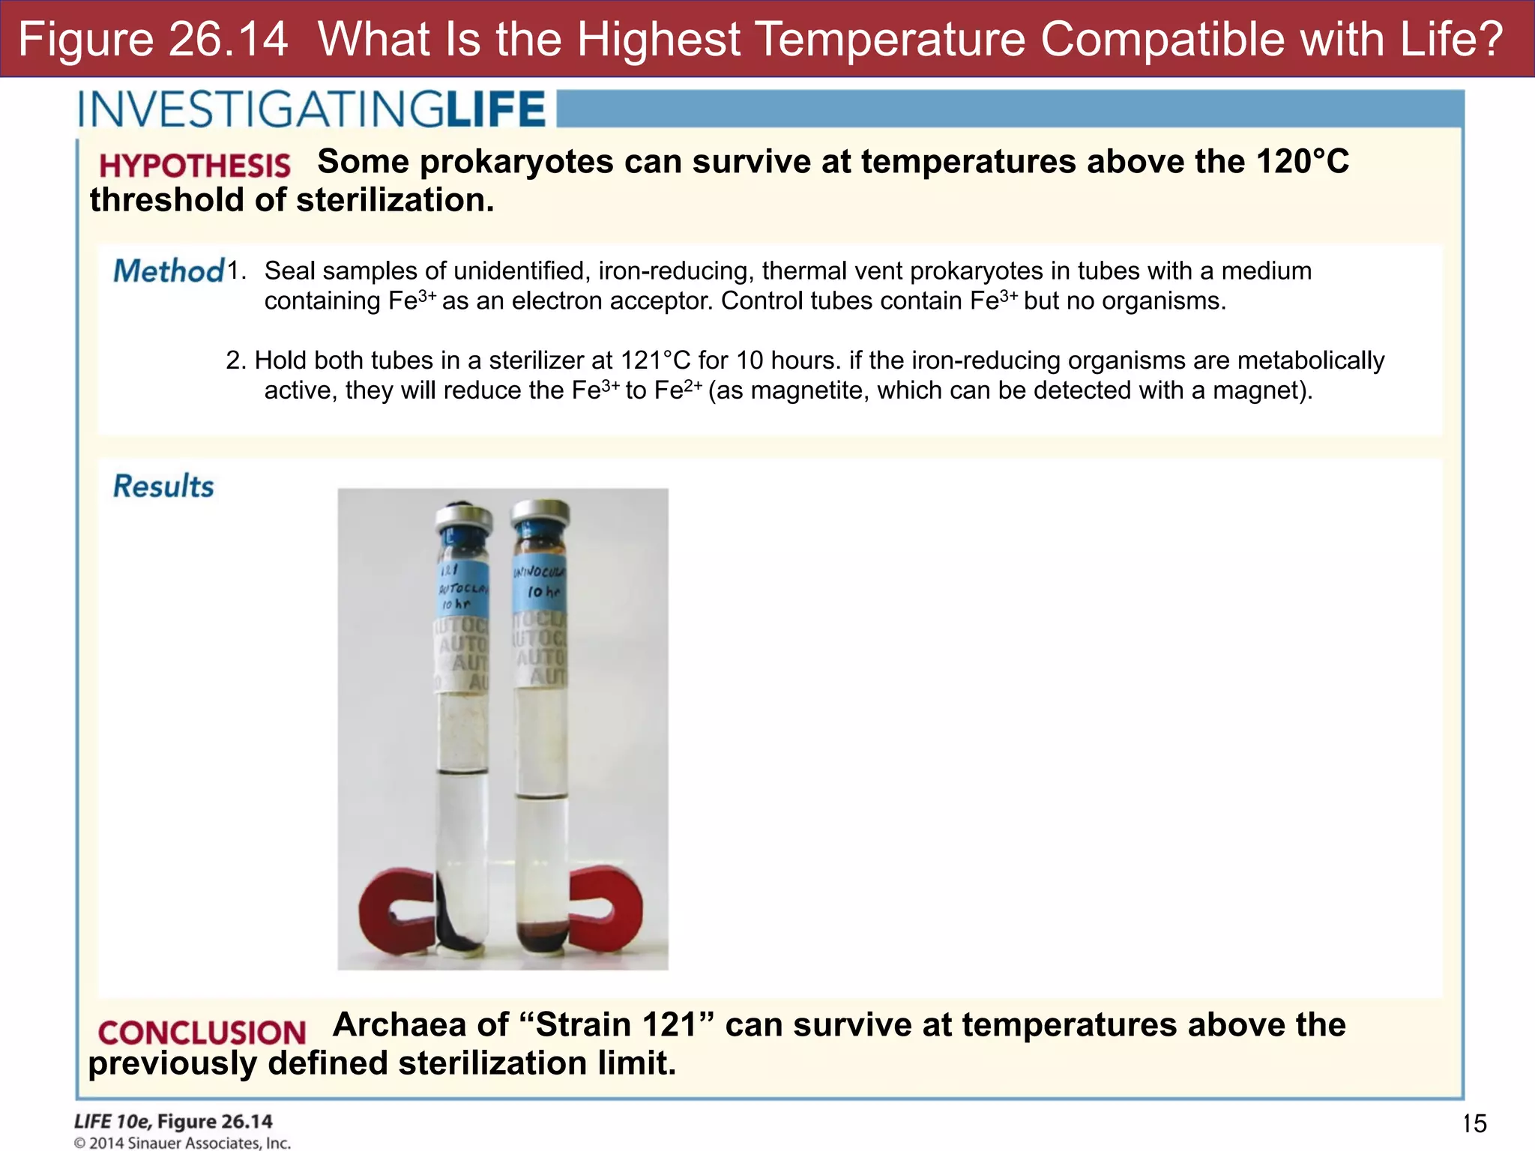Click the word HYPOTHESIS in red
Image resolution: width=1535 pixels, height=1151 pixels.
194,166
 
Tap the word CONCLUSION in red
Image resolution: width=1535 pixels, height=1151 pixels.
202,1033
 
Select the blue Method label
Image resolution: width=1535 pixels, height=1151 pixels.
169,271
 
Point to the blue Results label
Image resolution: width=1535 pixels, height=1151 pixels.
163,486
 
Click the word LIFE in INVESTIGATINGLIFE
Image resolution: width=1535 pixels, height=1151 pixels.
495,110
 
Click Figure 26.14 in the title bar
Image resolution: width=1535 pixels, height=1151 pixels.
153,39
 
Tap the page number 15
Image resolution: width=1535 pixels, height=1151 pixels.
1474,1123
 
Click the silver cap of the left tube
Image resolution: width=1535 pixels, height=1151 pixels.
464,517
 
